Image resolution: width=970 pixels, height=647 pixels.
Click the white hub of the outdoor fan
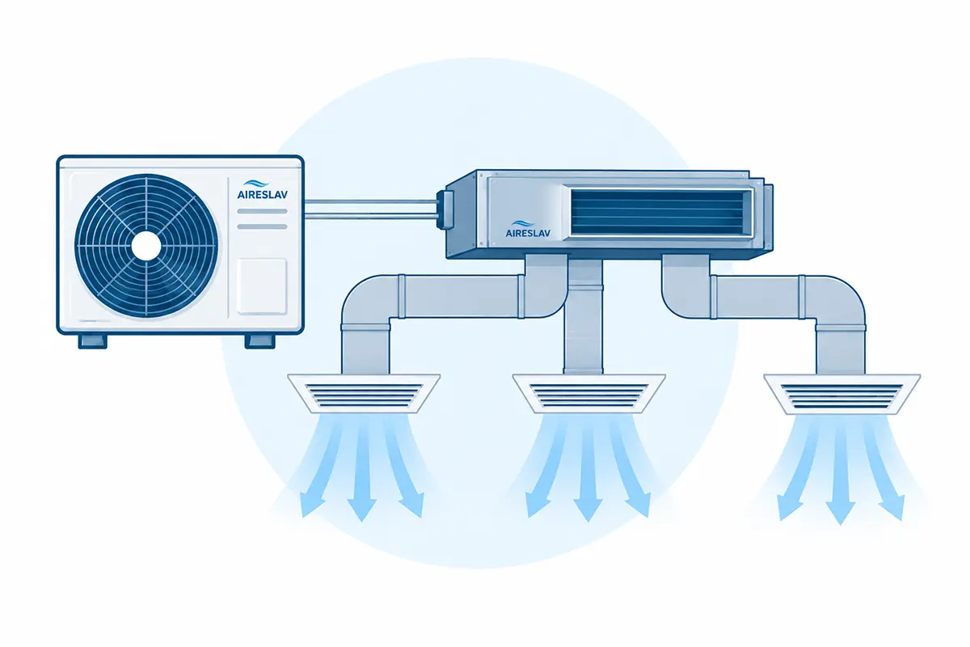pos(146,246)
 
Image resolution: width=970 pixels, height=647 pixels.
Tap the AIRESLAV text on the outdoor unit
pos(263,195)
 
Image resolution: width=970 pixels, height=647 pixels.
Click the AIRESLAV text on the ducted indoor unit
pos(528,233)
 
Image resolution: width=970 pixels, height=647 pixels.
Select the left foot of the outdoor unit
pos(93,341)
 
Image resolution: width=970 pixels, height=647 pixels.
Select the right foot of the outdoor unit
pos(259,341)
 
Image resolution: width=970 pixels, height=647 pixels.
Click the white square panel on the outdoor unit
pos(262,286)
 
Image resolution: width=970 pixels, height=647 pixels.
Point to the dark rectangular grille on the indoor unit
pos(661,212)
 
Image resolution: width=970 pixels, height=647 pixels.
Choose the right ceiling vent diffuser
pos(841,394)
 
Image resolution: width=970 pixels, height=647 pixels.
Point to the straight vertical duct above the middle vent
pos(583,316)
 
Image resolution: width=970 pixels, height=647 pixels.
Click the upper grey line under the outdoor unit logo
pos(263,211)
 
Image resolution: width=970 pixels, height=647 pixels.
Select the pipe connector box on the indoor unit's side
pos(445,210)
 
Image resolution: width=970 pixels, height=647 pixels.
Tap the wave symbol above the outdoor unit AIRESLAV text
pos(256,184)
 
